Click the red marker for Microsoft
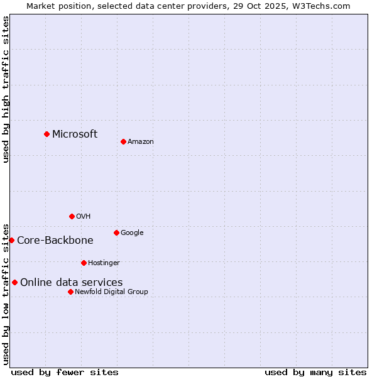coord(46,134)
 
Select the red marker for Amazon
coord(123,141)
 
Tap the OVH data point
coord(72,216)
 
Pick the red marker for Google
coord(116,232)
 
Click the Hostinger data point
coord(84,263)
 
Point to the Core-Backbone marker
coord(11,240)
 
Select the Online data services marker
coord(14,282)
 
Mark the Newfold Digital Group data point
coord(70,292)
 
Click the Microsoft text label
coord(75,134)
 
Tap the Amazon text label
coord(141,141)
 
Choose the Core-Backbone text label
coord(55,240)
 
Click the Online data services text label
coord(72,282)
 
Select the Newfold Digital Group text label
coord(111,292)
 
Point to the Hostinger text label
coord(104,263)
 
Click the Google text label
coord(132,232)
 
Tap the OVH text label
coord(84,216)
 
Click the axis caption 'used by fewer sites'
coord(65,372)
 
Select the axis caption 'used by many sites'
coord(315,372)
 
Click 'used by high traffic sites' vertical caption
coord(6,89)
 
